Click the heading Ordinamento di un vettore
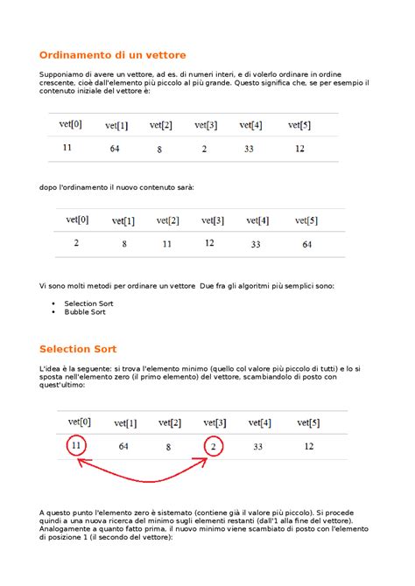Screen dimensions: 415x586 (x=113, y=54)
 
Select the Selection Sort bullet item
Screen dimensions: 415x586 (x=88, y=303)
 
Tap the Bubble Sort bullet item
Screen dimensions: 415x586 (x=84, y=311)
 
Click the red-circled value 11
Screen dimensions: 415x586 (x=78, y=447)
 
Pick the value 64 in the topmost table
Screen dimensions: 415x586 (x=115, y=150)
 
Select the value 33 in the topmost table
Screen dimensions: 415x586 (x=249, y=150)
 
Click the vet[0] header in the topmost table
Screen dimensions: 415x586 (x=70, y=124)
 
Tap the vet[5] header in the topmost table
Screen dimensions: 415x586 (x=299, y=125)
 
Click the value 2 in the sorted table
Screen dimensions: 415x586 (x=77, y=243)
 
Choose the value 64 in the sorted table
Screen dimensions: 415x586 (x=307, y=245)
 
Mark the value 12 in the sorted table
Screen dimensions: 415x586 (x=209, y=243)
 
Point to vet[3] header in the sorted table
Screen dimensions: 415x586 (x=213, y=220)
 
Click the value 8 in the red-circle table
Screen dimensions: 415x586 (x=167, y=447)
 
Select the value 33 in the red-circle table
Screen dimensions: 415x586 (x=258, y=447)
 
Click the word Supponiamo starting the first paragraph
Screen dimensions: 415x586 (x=64, y=75)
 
